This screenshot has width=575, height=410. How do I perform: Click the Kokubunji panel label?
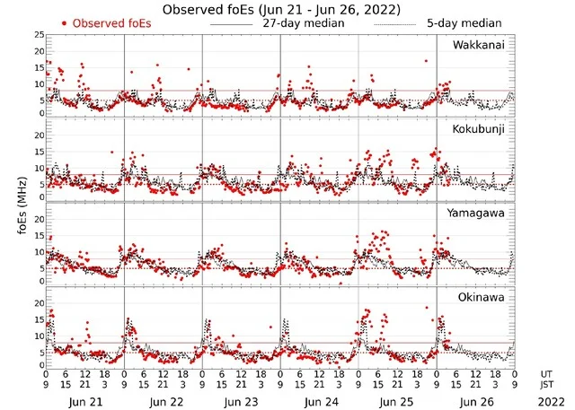(x=479, y=128)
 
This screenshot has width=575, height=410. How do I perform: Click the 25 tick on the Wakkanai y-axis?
(x=38, y=34)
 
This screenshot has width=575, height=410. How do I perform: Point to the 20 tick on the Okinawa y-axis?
(x=38, y=303)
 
